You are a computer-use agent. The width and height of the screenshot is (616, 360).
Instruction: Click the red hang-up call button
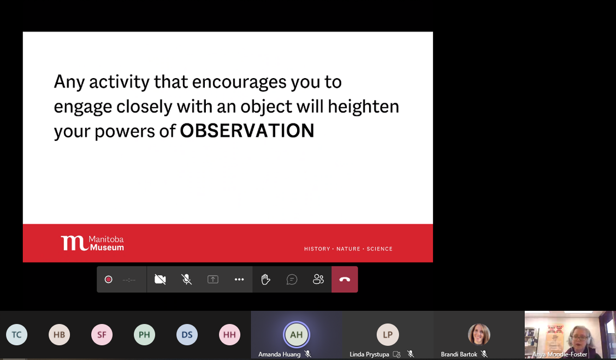(345, 280)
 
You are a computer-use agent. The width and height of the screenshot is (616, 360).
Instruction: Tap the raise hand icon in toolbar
(265, 280)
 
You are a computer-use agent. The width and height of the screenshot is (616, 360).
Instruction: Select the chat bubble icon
(292, 280)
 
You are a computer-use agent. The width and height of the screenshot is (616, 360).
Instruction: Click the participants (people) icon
(318, 280)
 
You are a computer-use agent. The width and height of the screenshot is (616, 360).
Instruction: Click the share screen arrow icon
(213, 280)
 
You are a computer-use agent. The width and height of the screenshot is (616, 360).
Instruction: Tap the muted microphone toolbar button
(187, 280)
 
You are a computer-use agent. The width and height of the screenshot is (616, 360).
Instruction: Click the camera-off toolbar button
(161, 280)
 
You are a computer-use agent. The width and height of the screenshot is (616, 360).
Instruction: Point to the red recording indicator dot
(109, 280)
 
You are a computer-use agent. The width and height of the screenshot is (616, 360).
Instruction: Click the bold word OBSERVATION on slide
(247, 131)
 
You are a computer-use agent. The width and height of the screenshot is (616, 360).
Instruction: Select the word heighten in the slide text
(363, 107)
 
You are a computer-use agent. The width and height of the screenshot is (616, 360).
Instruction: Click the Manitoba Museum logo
(92, 243)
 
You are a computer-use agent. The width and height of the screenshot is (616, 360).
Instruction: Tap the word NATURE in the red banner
(348, 249)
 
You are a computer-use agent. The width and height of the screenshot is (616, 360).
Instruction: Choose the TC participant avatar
(17, 334)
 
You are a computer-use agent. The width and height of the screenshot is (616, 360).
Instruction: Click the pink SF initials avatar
(102, 334)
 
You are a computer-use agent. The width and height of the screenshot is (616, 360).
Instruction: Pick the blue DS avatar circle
(187, 334)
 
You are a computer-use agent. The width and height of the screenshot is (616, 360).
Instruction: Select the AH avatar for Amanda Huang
(297, 334)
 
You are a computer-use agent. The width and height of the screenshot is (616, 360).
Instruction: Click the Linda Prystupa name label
(369, 355)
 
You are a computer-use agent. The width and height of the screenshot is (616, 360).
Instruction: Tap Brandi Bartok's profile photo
(479, 334)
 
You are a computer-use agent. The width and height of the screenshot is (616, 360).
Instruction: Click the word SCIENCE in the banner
(380, 249)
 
